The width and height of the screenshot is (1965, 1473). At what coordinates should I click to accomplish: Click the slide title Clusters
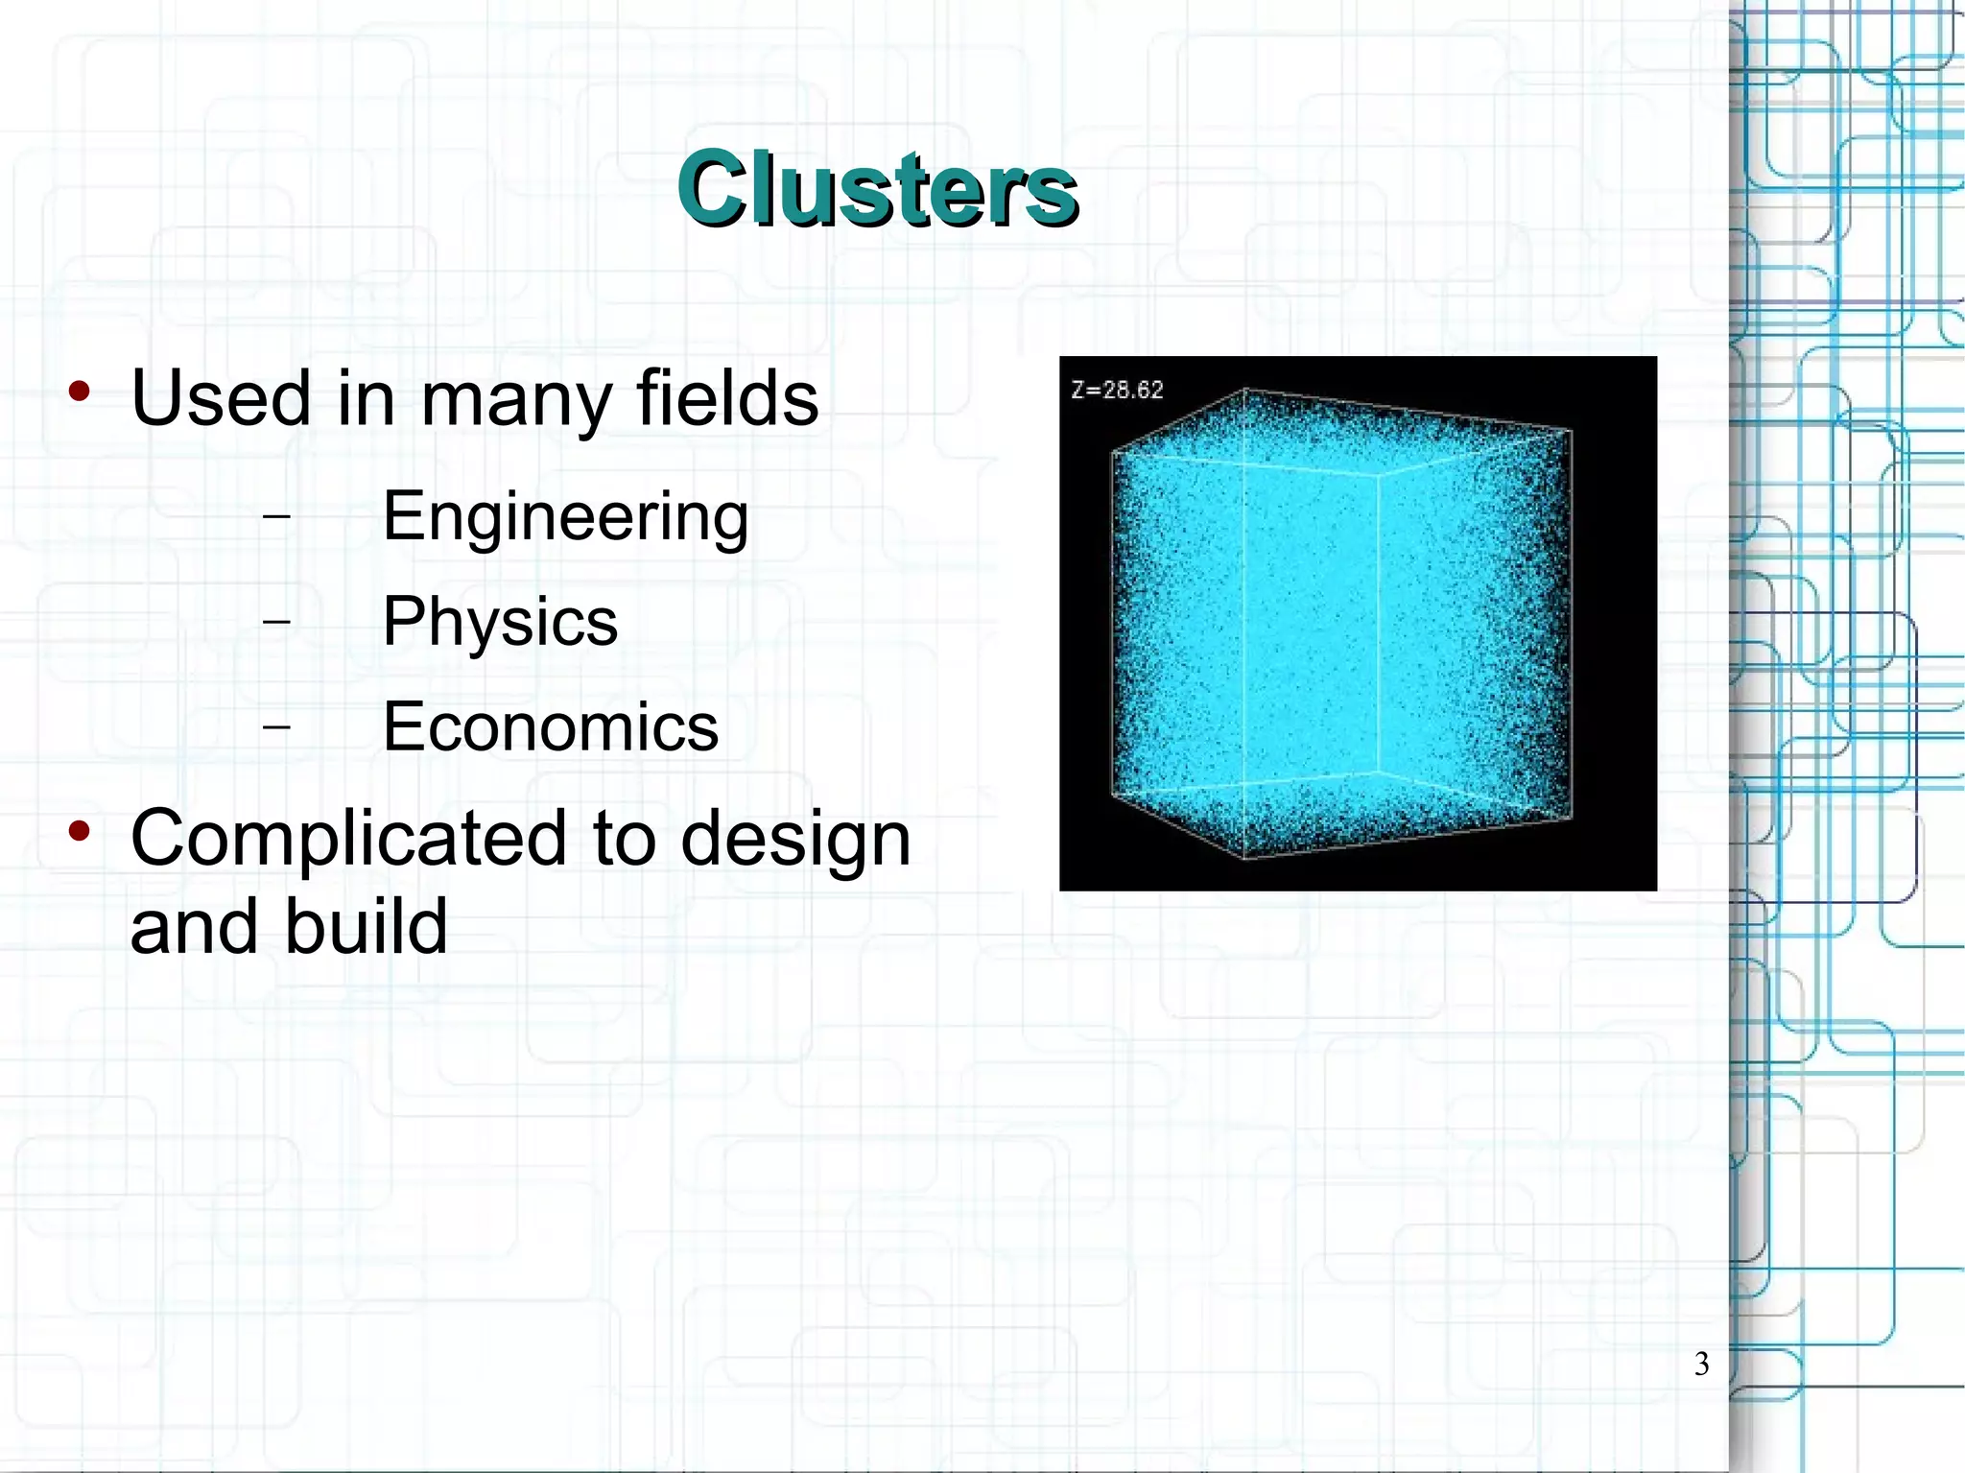[877, 189]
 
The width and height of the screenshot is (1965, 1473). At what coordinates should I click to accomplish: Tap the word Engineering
[565, 517]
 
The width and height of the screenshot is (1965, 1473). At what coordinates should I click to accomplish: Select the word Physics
[500, 623]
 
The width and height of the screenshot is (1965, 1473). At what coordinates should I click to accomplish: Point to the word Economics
[551, 726]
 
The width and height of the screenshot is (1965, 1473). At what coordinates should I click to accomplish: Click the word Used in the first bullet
[221, 398]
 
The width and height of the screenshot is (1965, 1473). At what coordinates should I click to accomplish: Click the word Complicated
[349, 838]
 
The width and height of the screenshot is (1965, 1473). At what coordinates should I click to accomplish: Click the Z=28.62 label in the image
[1117, 391]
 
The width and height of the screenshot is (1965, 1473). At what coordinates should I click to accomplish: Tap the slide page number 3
[1701, 1364]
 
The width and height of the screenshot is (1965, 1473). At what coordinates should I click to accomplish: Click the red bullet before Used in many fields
[80, 391]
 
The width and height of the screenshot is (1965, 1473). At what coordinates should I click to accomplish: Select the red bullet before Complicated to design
[80, 831]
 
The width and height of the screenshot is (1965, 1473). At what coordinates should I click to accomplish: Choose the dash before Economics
[276, 726]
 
